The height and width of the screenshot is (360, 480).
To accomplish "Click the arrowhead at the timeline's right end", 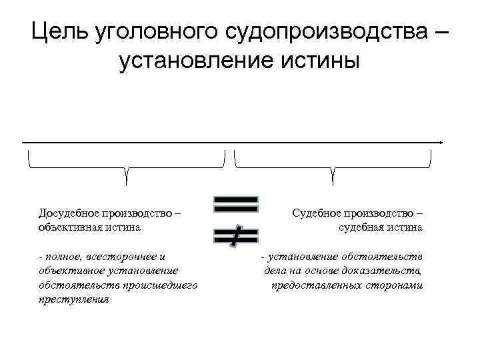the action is [441, 142].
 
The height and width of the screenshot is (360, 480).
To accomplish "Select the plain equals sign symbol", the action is [236, 205].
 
